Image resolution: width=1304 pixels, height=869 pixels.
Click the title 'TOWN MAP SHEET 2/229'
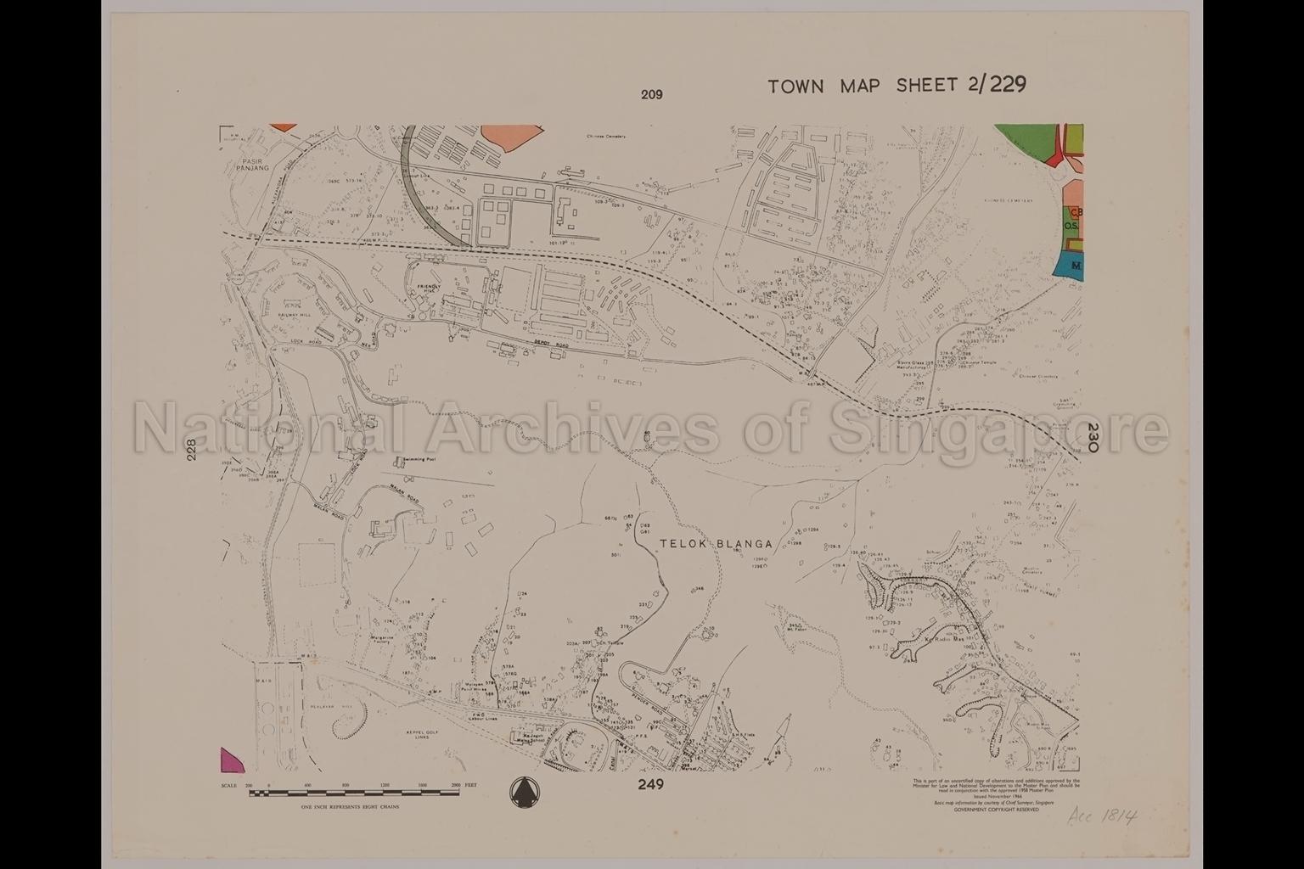[896, 85]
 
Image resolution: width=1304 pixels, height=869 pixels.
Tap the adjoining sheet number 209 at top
[651, 95]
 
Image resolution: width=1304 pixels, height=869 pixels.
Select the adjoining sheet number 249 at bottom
[651, 785]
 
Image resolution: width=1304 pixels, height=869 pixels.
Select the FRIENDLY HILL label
[427, 290]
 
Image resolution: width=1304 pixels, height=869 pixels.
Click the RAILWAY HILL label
[294, 315]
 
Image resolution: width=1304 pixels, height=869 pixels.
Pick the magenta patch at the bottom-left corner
[230, 760]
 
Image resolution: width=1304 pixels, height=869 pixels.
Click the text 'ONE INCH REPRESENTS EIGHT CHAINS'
[350, 807]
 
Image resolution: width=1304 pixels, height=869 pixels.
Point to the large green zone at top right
[1027, 144]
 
